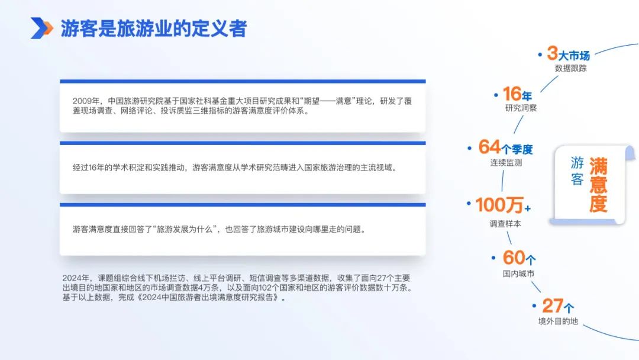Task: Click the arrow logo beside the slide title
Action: pyautogui.click(x=41, y=28)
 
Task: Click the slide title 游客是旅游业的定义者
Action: pyautogui.click(x=154, y=28)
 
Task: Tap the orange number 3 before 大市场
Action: pyautogui.click(x=552, y=53)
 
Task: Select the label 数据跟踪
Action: pyautogui.click(x=570, y=69)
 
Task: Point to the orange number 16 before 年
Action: pyautogui.click(x=512, y=94)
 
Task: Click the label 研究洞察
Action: pyautogui.click(x=521, y=108)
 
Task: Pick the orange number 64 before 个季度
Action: pyautogui.click(x=489, y=147)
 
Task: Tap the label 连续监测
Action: pyautogui.click(x=506, y=163)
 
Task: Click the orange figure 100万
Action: pyautogui.click(x=499, y=205)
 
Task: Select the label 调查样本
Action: pyautogui.click(x=505, y=224)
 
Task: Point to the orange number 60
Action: pyautogui.click(x=514, y=258)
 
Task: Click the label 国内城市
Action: pyautogui.click(x=518, y=274)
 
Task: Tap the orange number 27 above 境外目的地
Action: pyautogui.click(x=553, y=306)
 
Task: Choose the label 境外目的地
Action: pyautogui.click(x=558, y=322)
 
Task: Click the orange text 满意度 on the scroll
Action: pyautogui.click(x=598, y=185)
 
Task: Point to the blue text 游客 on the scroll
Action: pyautogui.click(x=577, y=171)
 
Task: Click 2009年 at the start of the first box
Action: pyautogui.click(x=86, y=101)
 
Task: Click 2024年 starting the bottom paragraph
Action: pyautogui.click(x=76, y=278)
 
